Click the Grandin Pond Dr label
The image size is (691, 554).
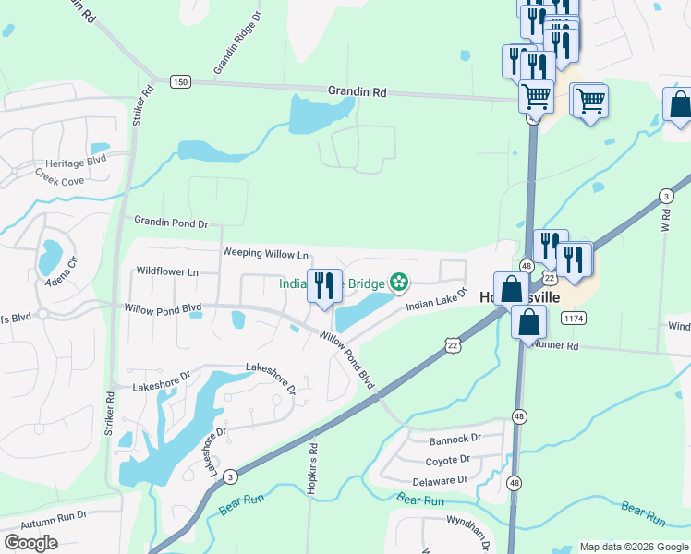172,223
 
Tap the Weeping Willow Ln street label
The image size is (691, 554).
265,253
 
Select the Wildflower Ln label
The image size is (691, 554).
167,272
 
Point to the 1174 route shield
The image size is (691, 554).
574,318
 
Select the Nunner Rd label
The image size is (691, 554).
554,345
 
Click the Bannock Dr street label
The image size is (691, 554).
457,438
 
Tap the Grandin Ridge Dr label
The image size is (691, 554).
237,43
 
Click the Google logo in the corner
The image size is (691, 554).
30,543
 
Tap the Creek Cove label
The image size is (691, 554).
59,175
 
